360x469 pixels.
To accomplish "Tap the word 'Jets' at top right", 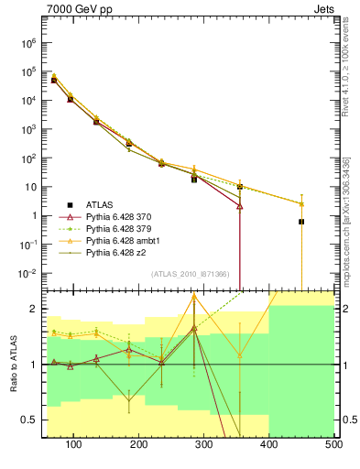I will point(322,11).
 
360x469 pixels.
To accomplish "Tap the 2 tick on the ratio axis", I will point(35,309).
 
